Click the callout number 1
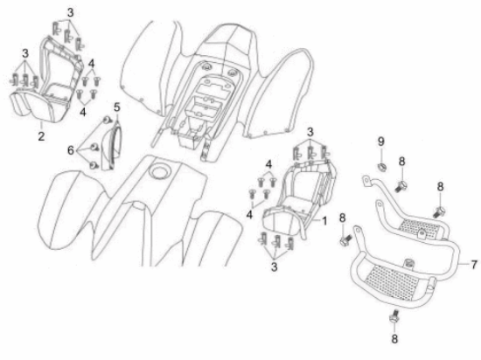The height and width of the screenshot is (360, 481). [x=324, y=220]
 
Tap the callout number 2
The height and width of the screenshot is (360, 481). [x=41, y=135]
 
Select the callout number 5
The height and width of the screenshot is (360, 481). [x=117, y=107]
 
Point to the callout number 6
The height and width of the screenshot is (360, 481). [x=71, y=150]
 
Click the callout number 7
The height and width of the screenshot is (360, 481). [x=474, y=265]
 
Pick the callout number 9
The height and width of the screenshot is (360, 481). [x=381, y=142]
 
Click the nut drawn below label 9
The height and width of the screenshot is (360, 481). [x=381, y=168]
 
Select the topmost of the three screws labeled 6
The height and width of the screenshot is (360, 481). [x=107, y=120]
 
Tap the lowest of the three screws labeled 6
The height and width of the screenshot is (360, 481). [x=94, y=166]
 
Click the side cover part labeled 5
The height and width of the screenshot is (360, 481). [x=111, y=146]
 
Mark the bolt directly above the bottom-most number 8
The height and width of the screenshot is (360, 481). [x=394, y=316]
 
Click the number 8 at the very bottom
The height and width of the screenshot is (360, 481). [x=394, y=338]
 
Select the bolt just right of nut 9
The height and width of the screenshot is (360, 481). [x=401, y=186]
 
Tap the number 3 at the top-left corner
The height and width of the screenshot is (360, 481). [x=71, y=13]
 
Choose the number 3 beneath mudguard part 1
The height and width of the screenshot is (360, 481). [x=274, y=267]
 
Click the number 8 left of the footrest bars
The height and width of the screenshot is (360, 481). [x=342, y=218]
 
